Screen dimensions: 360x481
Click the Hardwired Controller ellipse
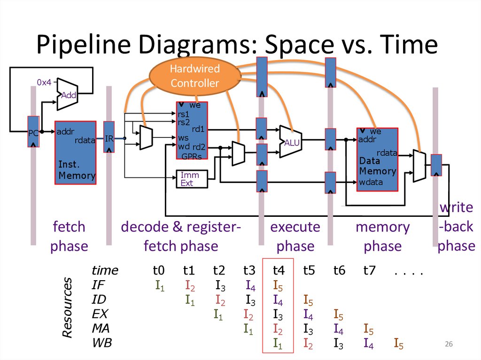pyautogui.click(x=194, y=76)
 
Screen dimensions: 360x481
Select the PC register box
pyautogui.click(x=33, y=132)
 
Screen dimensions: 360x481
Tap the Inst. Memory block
pyautogui.click(x=76, y=153)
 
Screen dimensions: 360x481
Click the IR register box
pyautogui.click(x=109, y=137)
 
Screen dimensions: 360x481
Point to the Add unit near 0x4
pyautogui.click(x=67, y=94)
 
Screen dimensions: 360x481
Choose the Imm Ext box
pyautogui.click(x=190, y=179)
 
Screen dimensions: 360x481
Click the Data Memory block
pyautogui.click(x=377, y=160)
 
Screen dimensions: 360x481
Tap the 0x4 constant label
pyautogui.click(x=44, y=82)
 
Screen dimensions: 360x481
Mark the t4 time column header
pyautogui.click(x=279, y=270)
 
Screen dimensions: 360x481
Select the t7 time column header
pyautogui.click(x=369, y=270)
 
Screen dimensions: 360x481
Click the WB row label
pyautogui.click(x=102, y=343)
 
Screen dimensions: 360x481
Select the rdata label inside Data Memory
pyautogui.click(x=387, y=153)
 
